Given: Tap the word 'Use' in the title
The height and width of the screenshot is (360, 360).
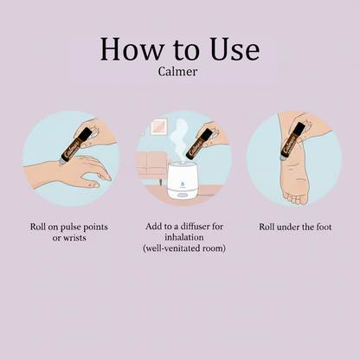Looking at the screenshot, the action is coord(235,49).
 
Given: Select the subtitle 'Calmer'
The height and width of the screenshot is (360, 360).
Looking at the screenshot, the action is coord(177,72).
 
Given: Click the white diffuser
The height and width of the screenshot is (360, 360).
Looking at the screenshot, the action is coord(183,180).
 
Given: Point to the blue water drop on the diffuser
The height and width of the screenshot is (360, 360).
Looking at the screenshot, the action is coord(183,183).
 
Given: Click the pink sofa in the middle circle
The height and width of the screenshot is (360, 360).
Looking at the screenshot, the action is coord(152,166).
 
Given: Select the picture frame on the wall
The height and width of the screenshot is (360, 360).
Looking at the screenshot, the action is coord(158,126).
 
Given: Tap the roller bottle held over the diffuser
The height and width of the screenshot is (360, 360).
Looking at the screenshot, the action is coord(199,145).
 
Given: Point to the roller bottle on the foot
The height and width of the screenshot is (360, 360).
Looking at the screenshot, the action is coord(292,141).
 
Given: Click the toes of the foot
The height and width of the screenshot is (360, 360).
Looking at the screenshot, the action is coord(297,199).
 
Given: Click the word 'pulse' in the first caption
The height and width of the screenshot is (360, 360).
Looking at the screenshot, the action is coord(71,228).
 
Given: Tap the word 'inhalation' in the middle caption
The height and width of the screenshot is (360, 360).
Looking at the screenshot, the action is coord(184,237).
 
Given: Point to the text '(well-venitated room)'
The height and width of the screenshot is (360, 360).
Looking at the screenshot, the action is coord(184,248).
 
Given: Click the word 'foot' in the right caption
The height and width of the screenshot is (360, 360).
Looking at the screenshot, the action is coord(324,227).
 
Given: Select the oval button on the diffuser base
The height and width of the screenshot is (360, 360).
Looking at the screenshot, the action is coord(183,195).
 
